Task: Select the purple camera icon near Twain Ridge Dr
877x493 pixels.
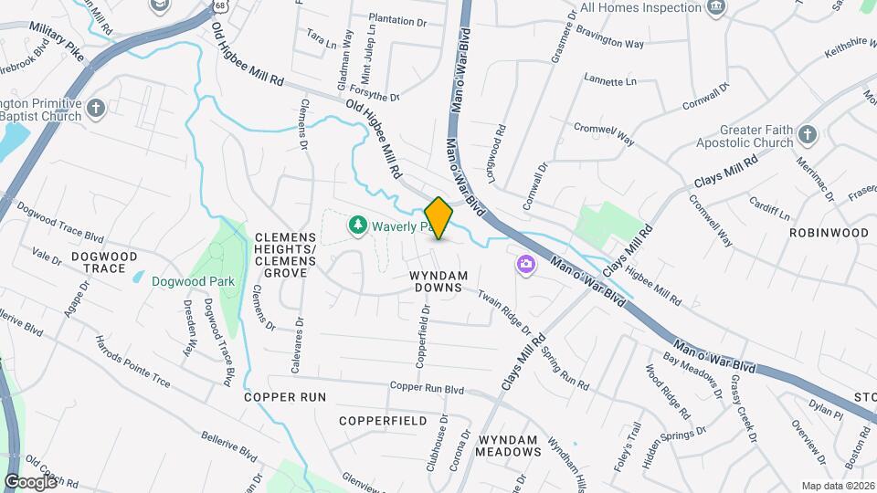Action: tap(525, 265)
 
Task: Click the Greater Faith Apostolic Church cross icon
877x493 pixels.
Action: tap(806, 136)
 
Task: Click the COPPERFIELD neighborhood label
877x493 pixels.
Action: tap(382, 421)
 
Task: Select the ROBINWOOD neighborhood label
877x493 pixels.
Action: tap(829, 233)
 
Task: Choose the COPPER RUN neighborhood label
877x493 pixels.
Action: tap(285, 397)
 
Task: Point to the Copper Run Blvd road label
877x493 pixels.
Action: tap(427, 389)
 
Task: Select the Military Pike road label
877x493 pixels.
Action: tap(56, 41)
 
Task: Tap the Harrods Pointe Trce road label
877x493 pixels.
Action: tap(132, 362)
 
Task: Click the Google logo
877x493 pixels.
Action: tap(30, 481)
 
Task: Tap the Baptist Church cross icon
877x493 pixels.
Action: tap(98, 110)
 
